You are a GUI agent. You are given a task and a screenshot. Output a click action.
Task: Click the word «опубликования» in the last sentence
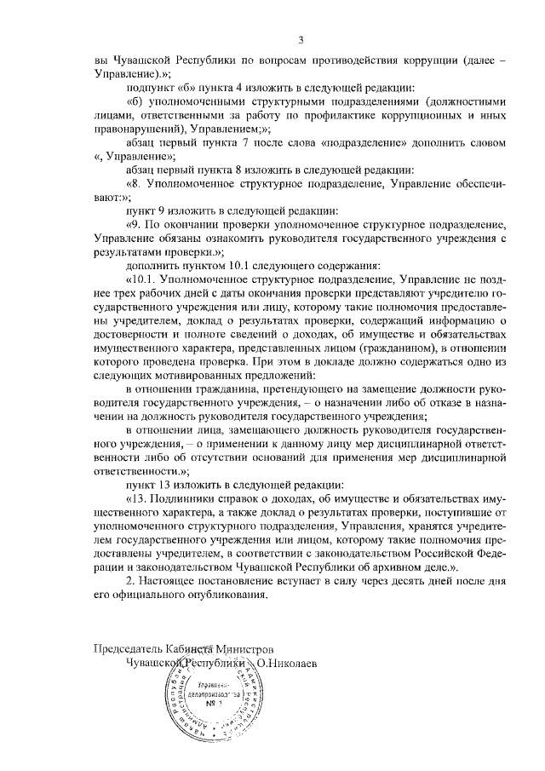click(x=228, y=595)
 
